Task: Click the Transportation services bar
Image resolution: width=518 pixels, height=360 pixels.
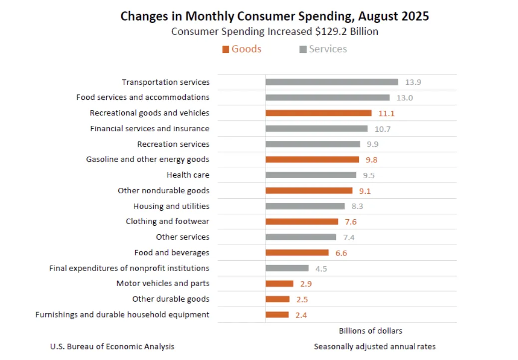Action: point(331,82)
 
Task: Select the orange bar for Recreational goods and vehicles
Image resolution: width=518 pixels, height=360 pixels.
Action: point(318,113)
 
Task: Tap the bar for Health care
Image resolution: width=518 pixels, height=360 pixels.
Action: point(310,175)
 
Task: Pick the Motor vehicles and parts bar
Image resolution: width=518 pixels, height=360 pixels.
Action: point(279,284)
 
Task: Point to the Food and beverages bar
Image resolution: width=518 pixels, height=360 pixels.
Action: point(297,253)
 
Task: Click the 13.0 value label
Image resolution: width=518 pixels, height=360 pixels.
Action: point(404,98)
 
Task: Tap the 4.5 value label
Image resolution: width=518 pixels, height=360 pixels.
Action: point(321,269)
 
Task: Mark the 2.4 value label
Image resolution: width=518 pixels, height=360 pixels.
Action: point(301,315)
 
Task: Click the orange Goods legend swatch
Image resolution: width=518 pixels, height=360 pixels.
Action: point(226,49)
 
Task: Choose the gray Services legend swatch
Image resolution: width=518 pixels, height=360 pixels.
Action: point(303,49)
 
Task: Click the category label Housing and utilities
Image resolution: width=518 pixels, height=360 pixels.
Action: point(171,206)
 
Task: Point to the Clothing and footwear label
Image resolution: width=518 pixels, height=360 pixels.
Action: point(167,221)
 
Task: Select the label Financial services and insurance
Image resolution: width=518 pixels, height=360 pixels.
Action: point(150,129)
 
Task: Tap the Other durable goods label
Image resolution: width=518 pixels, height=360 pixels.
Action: point(171,299)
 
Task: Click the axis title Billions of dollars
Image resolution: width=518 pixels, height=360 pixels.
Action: point(370,331)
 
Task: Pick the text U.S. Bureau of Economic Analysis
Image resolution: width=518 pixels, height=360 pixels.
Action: point(112,347)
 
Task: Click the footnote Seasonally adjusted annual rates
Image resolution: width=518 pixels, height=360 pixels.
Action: point(375,347)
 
